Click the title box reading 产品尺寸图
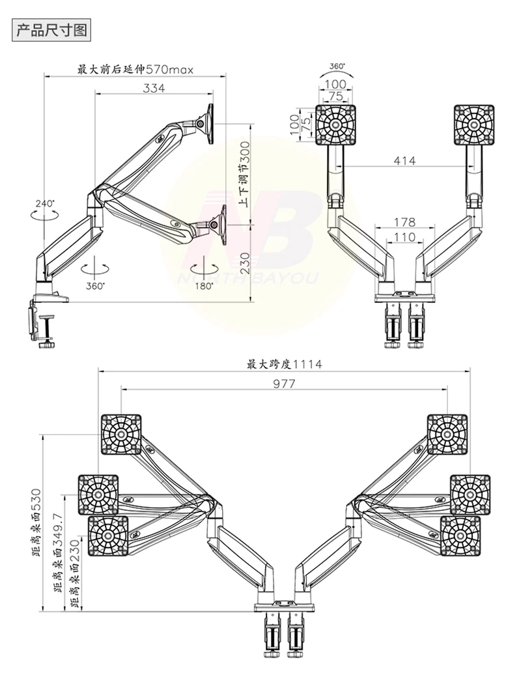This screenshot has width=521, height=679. [51, 31]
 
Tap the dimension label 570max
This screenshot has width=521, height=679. [169, 69]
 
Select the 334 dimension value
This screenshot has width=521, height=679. [154, 88]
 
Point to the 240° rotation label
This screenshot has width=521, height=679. [44, 203]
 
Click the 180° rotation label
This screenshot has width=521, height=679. [204, 286]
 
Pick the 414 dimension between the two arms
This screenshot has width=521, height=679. [404, 161]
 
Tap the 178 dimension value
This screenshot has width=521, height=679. [404, 222]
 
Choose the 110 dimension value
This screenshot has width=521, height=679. [404, 237]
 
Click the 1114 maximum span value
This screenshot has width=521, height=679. [307, 364]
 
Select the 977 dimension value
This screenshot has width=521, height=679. [284, 384]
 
